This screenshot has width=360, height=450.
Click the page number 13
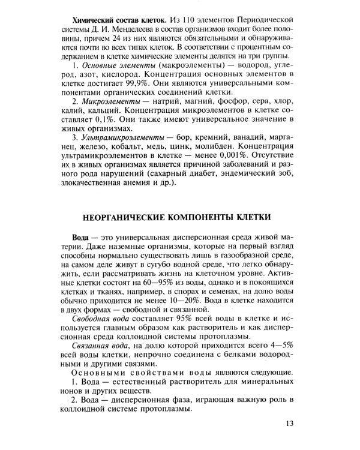coord(289,424)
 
